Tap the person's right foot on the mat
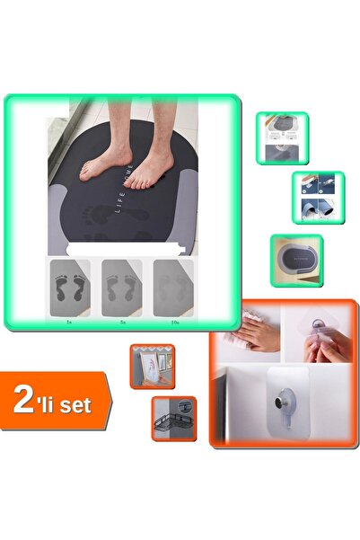click(105, 162)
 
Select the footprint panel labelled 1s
click(71, 287)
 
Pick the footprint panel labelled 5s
click(121, 287)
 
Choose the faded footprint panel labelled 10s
click(172, 287)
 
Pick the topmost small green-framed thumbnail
click(282, 137)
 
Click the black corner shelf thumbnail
click(173, 418)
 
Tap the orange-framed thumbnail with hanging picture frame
click(152, 366)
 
